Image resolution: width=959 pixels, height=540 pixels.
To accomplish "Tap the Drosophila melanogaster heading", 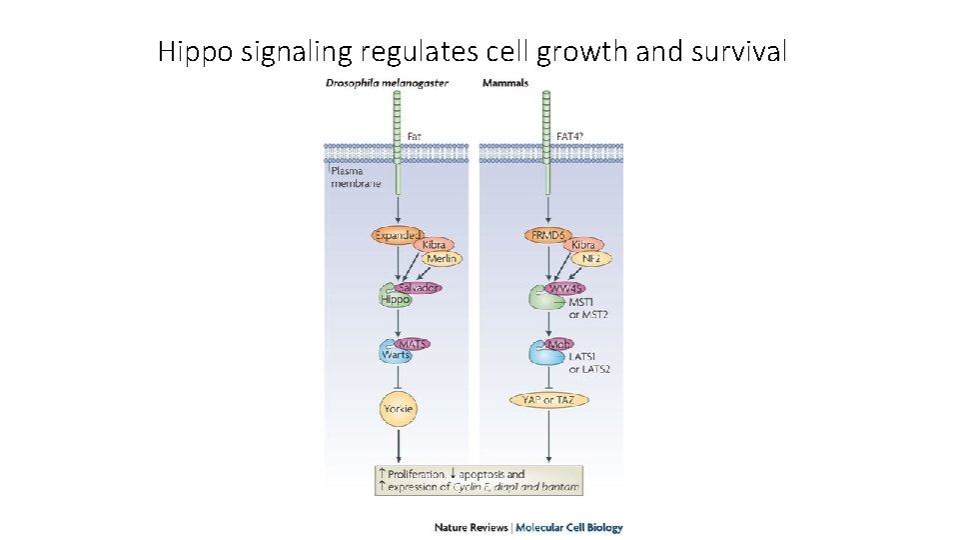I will (x=387, y=83).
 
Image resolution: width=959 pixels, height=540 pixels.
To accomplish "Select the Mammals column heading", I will (x=505, y=83).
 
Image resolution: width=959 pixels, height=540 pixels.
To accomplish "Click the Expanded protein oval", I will (x=398, y=236).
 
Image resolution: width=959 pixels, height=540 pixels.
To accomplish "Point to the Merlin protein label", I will (x=441, y=258).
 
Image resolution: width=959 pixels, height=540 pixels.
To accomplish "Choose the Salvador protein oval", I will (x=419, y=288).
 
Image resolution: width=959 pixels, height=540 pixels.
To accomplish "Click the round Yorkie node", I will (x=398, y=408).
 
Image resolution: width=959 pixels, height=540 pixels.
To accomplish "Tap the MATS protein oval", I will (x=414, y=344).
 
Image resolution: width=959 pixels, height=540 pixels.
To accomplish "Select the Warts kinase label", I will (x=395, y=355).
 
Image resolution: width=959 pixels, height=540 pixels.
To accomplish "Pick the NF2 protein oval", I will (x=590, y=258).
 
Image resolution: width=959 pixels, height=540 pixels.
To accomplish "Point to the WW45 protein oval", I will (x=565, y=288).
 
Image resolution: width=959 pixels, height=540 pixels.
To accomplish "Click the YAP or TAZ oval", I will (x=549, y=400).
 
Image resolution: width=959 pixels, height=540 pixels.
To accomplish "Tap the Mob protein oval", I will (x=558, y=344).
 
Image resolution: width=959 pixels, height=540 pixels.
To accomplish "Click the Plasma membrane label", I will (x=356, y=177).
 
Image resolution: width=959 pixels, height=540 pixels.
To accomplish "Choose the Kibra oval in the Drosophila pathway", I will (x=434, y=245).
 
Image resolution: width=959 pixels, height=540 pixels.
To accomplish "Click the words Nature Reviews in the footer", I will (x=471, y=527).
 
